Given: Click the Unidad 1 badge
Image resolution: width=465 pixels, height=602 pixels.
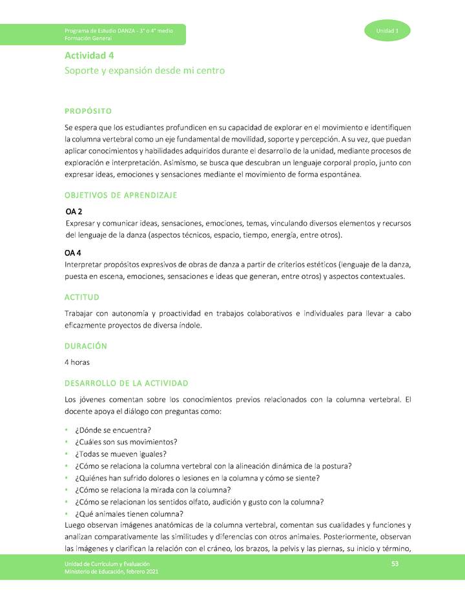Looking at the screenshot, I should point(387,31).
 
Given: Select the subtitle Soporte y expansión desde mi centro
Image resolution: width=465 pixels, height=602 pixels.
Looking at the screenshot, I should point(145,70).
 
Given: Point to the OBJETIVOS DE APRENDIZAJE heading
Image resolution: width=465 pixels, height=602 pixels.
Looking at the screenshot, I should point(121,195).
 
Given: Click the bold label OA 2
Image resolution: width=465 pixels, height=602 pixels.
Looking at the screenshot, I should point(74,211).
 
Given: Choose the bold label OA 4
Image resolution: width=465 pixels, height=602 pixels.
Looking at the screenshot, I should point(73,253).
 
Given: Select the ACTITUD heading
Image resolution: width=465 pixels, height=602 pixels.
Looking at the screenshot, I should point(82,297).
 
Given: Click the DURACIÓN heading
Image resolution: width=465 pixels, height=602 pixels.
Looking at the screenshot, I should point(86,346).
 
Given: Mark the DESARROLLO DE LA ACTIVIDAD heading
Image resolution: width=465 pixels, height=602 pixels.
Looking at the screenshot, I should point(127,383).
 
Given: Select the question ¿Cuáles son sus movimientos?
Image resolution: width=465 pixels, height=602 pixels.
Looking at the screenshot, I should point(127,442).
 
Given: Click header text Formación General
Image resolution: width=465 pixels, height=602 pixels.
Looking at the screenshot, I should point(87,39).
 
